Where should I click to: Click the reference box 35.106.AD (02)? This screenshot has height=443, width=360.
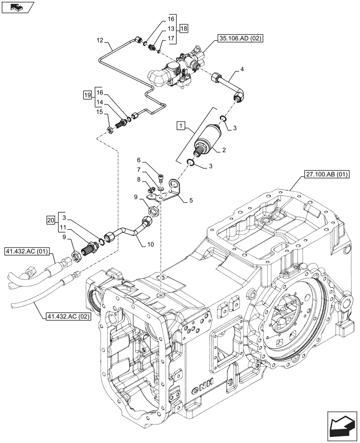click(x=240, y=39)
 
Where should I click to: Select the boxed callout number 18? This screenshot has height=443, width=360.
click(x=184, y=28)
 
